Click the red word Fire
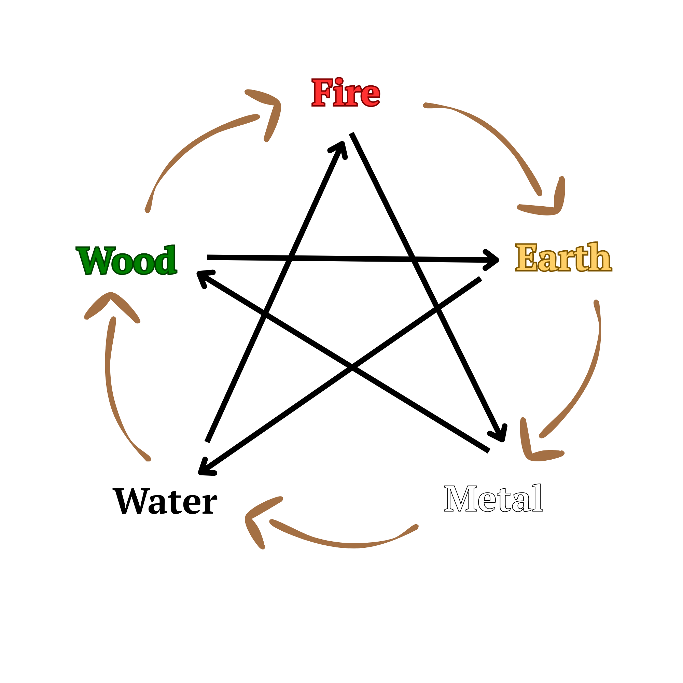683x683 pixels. [345, 93]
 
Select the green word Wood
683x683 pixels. [127, 260]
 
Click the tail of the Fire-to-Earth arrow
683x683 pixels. [426, 105]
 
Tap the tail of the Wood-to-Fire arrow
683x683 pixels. [148, 210]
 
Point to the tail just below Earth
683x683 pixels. [596, 303]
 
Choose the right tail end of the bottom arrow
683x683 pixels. [416, 527]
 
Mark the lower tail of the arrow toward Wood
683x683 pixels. [148, 459]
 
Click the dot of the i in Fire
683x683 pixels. [339, 80]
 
